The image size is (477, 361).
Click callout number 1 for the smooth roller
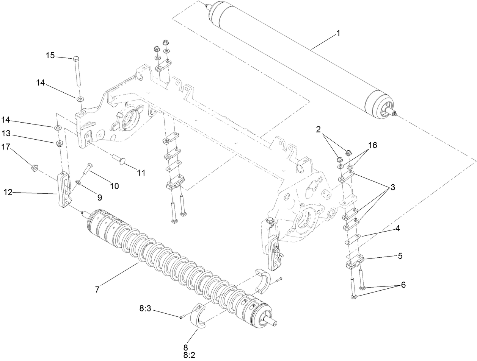point(338,33)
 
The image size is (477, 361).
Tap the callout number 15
point(50,55)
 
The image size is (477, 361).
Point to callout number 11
point(141,173)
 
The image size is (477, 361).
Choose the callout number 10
point(115,186)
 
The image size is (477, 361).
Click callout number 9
point(99,197)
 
